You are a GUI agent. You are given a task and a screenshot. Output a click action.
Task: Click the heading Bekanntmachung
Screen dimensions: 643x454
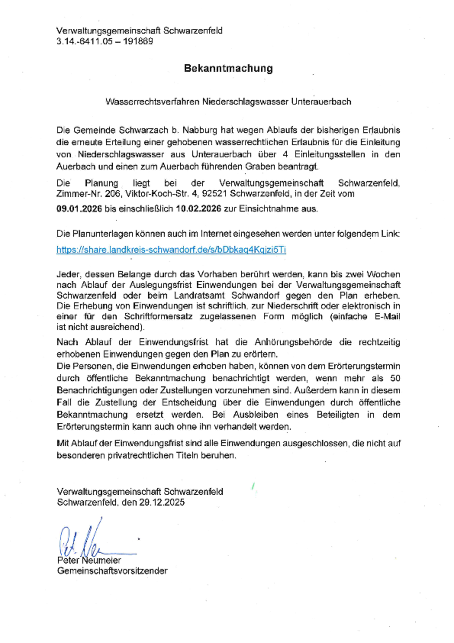(228, 69)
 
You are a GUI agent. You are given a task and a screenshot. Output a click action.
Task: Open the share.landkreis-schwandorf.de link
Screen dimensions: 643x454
(171, 250)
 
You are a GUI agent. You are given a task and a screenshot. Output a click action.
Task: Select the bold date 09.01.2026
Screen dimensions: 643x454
(79, 209)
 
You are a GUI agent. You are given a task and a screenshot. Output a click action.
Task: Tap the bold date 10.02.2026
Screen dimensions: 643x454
(198, 209)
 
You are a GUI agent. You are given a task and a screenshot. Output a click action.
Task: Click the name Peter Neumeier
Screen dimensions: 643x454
(89, 560)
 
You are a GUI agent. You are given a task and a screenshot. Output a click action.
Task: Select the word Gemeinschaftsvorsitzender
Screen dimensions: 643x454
(112, 571)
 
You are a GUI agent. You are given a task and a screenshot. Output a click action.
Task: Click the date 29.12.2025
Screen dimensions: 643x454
(162, 502)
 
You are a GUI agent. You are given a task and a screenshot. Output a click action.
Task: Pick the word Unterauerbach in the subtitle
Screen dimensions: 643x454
(321, 101)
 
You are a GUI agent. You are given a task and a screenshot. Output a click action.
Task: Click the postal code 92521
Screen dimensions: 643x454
(214, 194)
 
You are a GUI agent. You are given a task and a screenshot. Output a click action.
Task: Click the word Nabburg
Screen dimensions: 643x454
(200, 130)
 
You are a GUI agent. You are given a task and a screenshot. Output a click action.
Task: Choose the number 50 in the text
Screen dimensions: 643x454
(395, 378)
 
